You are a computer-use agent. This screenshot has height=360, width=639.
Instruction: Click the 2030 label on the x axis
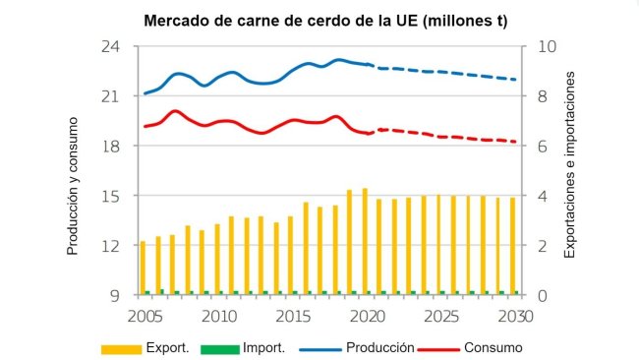[x=513, y=316]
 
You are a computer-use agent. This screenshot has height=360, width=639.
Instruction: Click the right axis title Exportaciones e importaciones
[x=568, y=171]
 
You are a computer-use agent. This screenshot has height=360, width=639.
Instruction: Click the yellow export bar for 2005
[x=143, y=267]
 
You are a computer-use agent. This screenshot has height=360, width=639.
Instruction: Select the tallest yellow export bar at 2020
[x=365, y=241]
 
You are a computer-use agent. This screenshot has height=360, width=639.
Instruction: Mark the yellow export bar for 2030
[x=512, y=246]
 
